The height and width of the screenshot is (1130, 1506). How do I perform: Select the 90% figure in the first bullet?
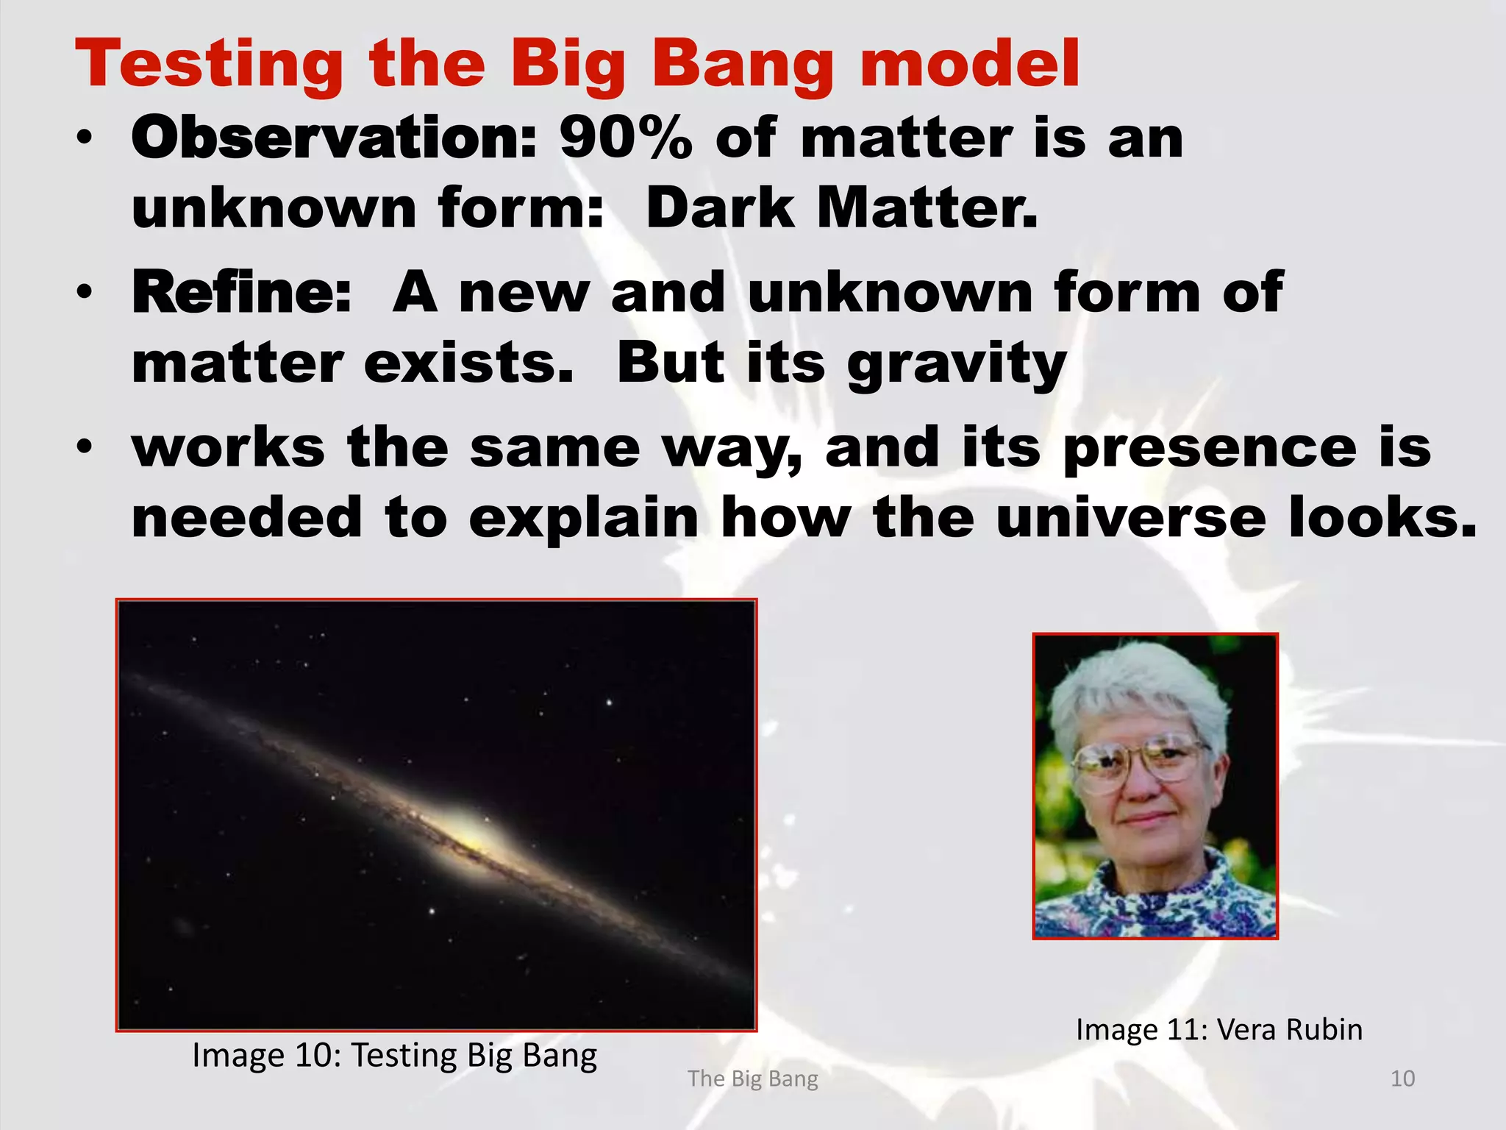coord(625,138)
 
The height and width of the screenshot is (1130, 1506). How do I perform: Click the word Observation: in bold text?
coord(335,138)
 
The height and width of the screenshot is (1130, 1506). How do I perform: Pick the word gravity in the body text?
coord(956,365)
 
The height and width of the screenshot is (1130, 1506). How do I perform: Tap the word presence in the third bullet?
coord(1209,448)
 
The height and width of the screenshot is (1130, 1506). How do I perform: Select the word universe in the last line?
coord(1131,518)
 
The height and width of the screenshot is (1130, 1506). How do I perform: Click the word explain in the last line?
coord(583,519)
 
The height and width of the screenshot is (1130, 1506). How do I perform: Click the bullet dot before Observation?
coord(85,138)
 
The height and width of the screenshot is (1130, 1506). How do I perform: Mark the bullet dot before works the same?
coord(85,447)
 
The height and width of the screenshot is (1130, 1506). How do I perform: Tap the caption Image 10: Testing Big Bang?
coord(394,1055)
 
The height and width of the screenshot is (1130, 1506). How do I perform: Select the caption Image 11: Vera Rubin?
coord(1218,1029)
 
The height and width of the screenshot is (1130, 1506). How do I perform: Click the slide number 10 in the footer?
coord(1402,1079)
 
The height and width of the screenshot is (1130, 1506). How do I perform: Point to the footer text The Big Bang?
coord(752,1079)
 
